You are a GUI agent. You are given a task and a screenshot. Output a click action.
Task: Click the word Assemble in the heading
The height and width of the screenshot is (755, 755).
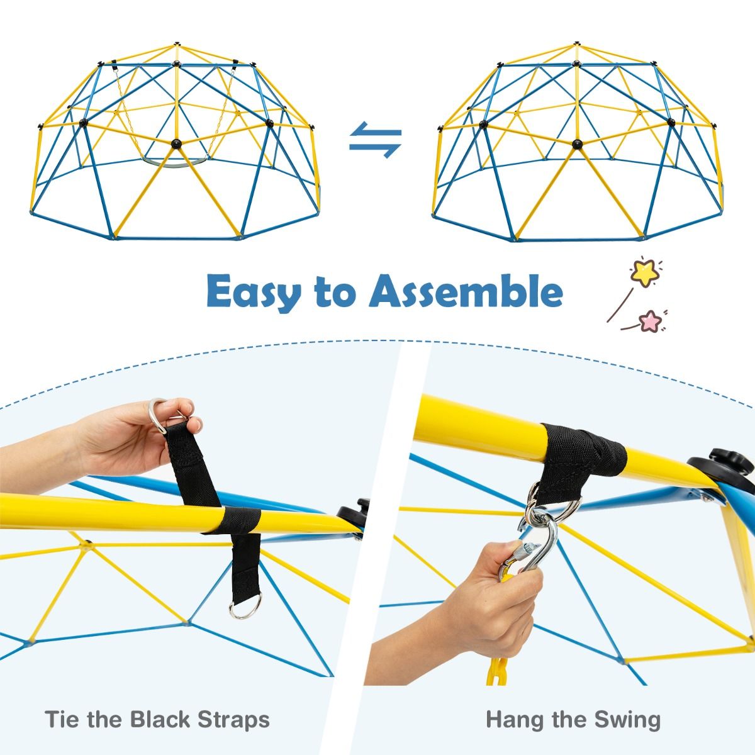pyautogui.click(x=465, y=290)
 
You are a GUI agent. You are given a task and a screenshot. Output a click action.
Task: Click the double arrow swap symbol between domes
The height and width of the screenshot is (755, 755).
pyautogui.click(x=376, y=140)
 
